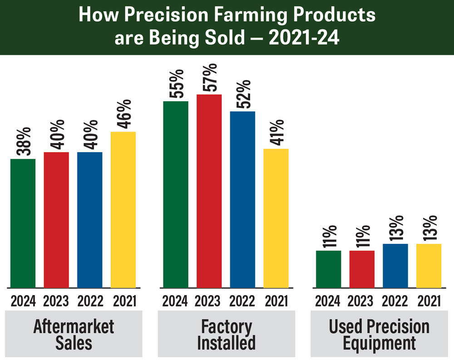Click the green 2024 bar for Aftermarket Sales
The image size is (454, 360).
pyautogui.click(x=23, y=223)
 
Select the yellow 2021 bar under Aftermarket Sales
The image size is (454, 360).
pyautogui.click(x=123, y=209)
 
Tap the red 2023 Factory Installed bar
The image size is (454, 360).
pyautogui.click(x=209, y=191)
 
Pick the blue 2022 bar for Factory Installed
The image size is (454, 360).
pyautogui.click(x=242, y=199)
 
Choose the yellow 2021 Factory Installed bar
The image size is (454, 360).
pyautogui.click(x=276, y=218)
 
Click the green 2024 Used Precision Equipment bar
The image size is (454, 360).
pyautogui.click(x=328, y=269)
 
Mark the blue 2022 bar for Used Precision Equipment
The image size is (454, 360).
pyautogui.click(x=395, y=266)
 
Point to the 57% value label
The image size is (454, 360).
pyautogui.click(x=210, y=78)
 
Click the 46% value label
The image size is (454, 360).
pyautogui.click(x=123, y=114)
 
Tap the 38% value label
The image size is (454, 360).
pyautogui.click(x=23, y=142)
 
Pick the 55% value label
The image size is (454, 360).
pyautogui.click(x=176, y=84)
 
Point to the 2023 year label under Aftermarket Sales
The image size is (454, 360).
pyautogui.click(x=56, y=301)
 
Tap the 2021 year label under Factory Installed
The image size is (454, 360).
pyautogui.click(x=276, y=301)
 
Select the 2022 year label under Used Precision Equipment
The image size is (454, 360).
pyautogui.click(x=395, y=301)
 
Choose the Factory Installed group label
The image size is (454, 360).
pyautogui.click(x=226, y=334)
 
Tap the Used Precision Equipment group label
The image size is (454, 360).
pyautogui.click(x=379, y=334)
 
